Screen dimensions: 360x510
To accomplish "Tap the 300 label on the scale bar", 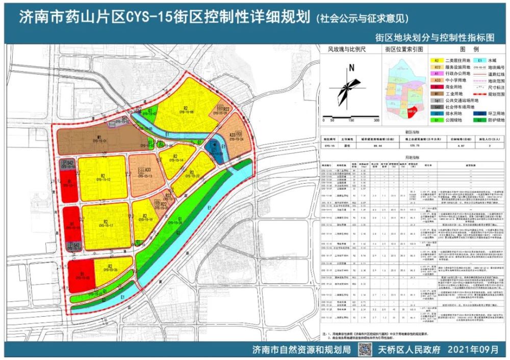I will [x=376, y=121].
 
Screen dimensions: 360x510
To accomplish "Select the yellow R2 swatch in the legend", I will [x=437, y=60].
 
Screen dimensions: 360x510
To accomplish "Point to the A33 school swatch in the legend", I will [x=437, y=80].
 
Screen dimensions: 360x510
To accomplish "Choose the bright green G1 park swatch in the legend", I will [x=437, y=120].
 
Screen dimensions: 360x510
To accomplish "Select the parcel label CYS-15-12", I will [x=103, y=179].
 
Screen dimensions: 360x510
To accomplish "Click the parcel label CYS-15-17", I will [x=106, y=224].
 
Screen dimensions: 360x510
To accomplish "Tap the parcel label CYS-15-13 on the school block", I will [x=147, y=174].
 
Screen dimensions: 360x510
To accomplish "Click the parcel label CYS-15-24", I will [x=236, y=138].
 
